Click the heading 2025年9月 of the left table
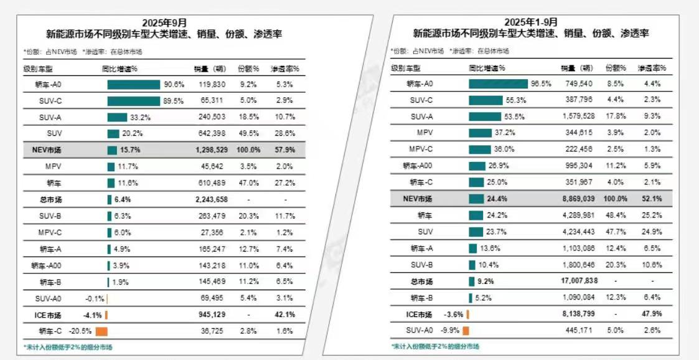coord(164,23)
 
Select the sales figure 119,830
coord(212,84)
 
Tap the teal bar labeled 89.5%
coord(133,100)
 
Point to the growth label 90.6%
coord(174,84)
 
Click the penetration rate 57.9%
coord(284,150)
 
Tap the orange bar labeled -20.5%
coord(101,331)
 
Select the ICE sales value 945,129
coord(212,315)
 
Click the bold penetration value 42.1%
coord(284,315)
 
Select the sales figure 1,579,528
coord(577,116)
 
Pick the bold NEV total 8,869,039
coord(577,199)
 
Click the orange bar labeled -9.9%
coord(466,331)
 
